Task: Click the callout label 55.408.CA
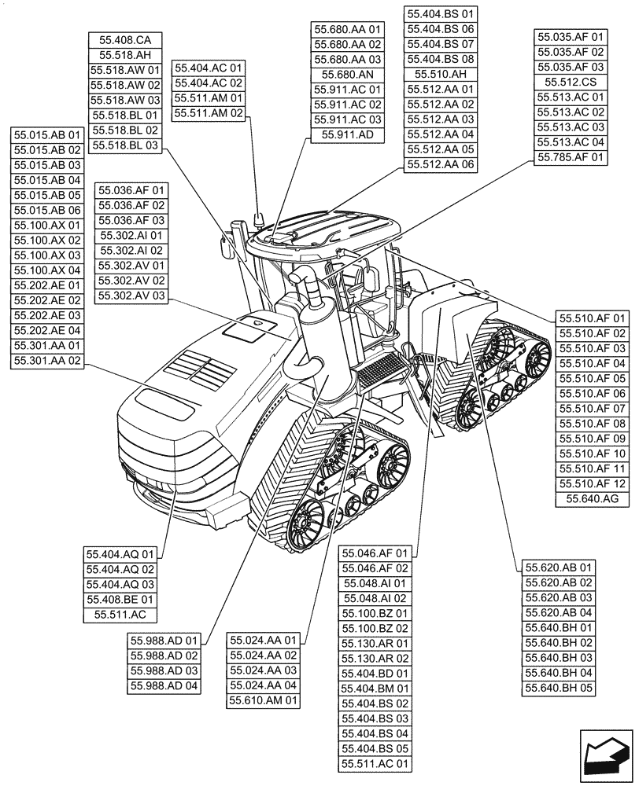pyautogui.click(x=126, y=40)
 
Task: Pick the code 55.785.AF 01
pyautogui.click(x=571, y=157)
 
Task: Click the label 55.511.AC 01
pyautogui.click(x=375, y=763)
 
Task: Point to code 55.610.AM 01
pyautogui.click(x=264, y=700)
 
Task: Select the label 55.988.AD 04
pyautogui.click(x=165, y=686)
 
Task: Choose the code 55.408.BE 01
pyautogui.click(x=120, y=599)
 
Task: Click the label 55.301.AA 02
pyautogui.click(x=47, y=361)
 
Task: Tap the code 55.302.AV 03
pyautogui.click(x=131, y=296)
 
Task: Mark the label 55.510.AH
pyautogui.click(x=441, y=74)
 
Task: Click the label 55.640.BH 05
pyautogui.click(x=559, y=688)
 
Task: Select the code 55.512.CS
pyautogui.click(x=571, y=82)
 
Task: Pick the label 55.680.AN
pyautogui.click(x=347, y=74)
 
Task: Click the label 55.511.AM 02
pyautogui.click(x=209, y=112)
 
